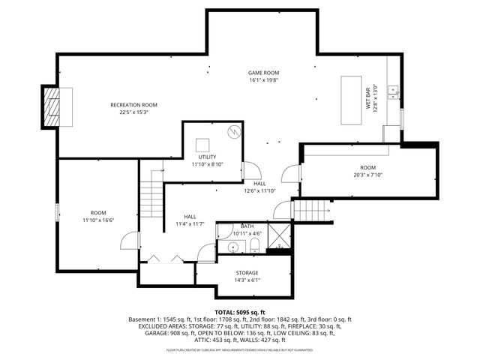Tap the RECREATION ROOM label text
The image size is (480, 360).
[x=133, y=105]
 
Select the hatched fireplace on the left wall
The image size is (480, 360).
[x=51, y=109]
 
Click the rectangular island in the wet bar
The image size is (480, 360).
[x=351, y=100]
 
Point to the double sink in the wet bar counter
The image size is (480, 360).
[x=392, y=92]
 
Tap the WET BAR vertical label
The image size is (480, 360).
[x=369, y=97]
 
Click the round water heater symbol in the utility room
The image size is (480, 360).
[x=233, y=132]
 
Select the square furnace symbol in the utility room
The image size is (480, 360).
[x=203, y=145]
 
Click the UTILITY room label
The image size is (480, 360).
[x=207, y=157]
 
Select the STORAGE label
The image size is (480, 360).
[x=247, y=273]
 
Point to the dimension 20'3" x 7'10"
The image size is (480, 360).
[x=367, y=175]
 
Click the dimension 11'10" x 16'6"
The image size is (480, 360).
[x=98, y=220]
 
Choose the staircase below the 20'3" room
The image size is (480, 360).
[x=310, y=210]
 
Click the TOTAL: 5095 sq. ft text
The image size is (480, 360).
[x=240, y=312]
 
